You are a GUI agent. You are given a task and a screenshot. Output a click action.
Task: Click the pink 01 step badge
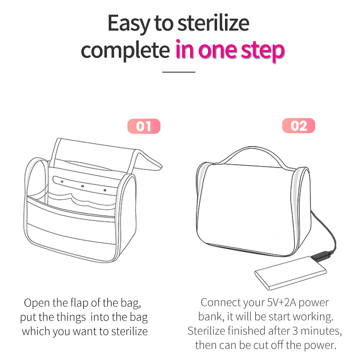144,126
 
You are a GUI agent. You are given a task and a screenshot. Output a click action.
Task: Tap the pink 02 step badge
298,126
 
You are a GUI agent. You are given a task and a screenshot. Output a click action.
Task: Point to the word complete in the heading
125,50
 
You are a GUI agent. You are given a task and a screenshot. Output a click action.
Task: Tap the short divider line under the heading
179,72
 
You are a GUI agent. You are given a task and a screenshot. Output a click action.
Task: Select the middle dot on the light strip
82,186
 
